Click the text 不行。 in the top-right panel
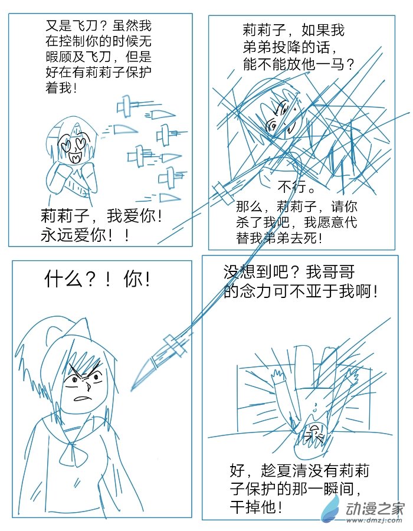pyautogui.click(x=297, y=189)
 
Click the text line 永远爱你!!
pyautogui.click(x=86, y=235)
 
